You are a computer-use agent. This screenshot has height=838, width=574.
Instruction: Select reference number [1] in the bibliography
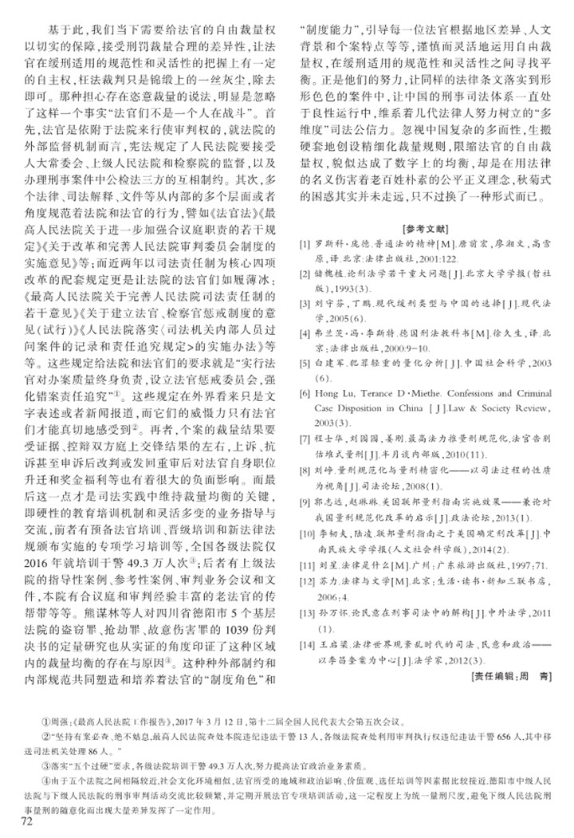[x=304, y=242]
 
